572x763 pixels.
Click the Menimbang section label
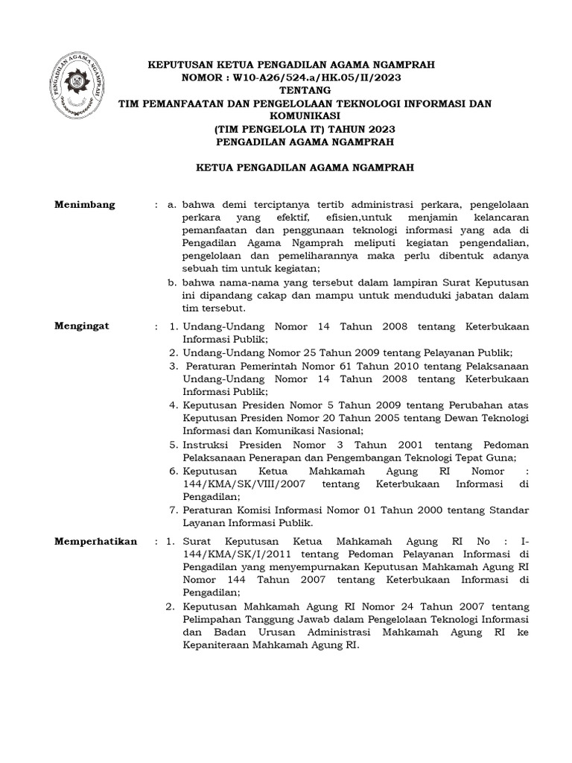point(86,205)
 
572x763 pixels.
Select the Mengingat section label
point(83,326)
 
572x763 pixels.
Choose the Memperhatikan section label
point(96,541)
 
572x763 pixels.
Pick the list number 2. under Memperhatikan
point(170,607)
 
